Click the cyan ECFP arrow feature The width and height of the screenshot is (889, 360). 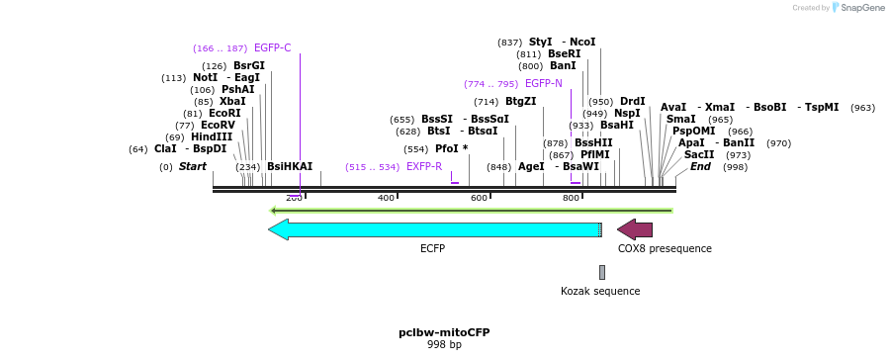(x=435, y=229)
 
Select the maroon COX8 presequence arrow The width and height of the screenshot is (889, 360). (x=635, y=229)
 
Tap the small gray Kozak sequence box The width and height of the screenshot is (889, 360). (x=601, y=272)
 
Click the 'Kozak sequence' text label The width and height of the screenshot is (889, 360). (x=600, y=291)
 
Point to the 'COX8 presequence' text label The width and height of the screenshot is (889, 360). (x=665, y=248)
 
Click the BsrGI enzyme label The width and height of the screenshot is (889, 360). (x=249, y=66)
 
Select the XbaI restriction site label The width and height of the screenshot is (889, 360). (x=232, y=102)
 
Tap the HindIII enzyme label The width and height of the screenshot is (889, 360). (x=212, y=137)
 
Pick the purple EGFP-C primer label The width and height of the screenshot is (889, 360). (x=272, y=47)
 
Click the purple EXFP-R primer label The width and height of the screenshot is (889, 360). (x=424, y=167)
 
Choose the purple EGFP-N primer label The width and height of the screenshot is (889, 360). (x=543, y=84)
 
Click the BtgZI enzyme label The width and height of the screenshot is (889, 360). (x=520, y=102)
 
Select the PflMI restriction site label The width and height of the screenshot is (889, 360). (x=595, y=155)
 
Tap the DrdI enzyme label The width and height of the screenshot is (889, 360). (x=632, y=102)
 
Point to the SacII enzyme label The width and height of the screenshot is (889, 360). (x=699, y=155)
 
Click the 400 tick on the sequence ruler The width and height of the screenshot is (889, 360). (x=387, y=199)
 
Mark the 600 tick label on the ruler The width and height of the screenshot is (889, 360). (x=479, y=199)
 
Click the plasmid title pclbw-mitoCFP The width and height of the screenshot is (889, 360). (x=444, y=332)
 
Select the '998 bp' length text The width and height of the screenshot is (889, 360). (x=444, y=345)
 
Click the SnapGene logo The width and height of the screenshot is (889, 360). (x=858, y=8)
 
